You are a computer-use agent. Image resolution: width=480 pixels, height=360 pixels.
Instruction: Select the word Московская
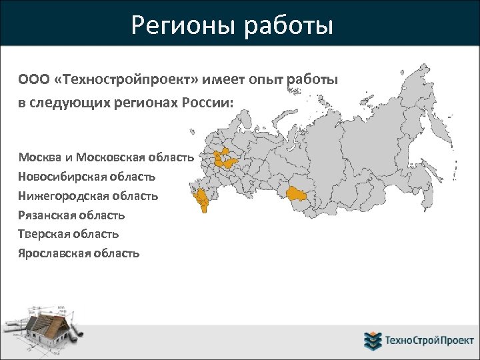(x=109, y=158)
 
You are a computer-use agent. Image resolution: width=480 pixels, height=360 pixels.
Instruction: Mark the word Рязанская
(x=47, y=215)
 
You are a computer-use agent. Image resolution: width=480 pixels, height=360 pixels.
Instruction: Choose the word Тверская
(x=44, y=234)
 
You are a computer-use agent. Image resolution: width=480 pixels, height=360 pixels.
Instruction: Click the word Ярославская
(x=53, y=253)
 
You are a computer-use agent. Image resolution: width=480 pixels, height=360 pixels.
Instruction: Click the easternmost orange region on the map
(x=295, y=194)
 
